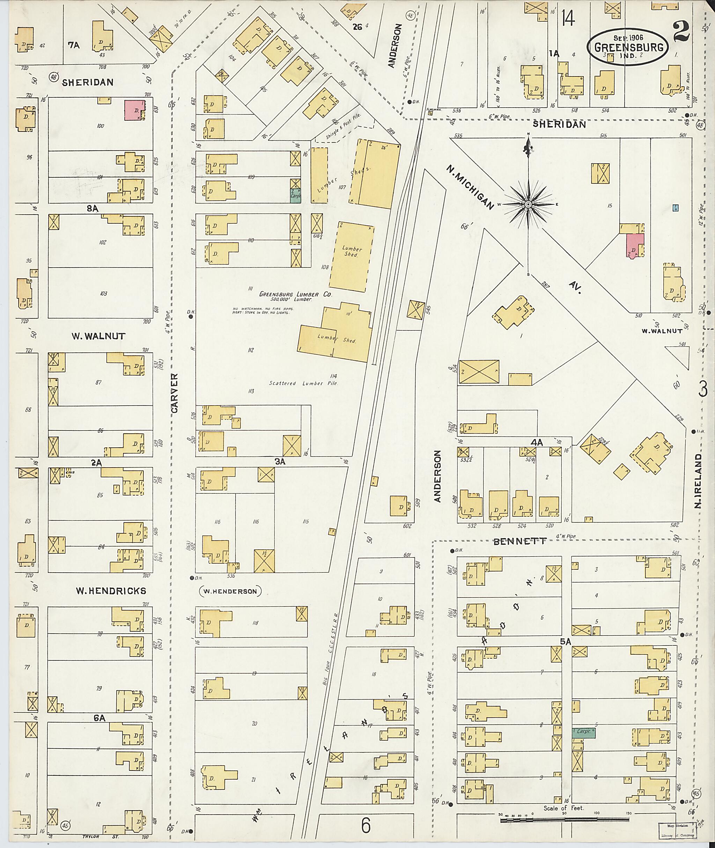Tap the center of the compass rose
[x=528, y=205]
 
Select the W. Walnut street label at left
[x=98, y=336]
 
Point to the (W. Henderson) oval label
[x=230, y=591]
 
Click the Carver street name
[x=175, y=393]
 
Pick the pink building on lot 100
[x=134, y=110]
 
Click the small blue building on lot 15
[x=675, y=208]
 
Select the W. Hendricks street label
[x=111, y=591]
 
